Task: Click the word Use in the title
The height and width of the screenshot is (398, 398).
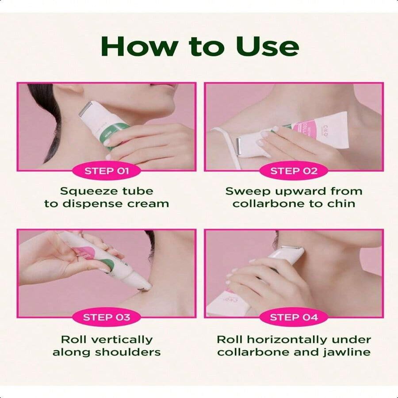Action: point(267,46)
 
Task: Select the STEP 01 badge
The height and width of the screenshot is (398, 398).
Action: point(107,171)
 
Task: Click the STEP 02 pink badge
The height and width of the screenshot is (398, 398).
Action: point(294,171)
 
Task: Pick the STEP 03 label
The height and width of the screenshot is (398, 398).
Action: point(107,317)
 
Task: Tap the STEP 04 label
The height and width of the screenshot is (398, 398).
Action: point(294,317)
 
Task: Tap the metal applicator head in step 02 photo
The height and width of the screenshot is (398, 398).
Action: point(239,146)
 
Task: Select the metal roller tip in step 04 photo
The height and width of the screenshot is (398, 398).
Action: point(290,247)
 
